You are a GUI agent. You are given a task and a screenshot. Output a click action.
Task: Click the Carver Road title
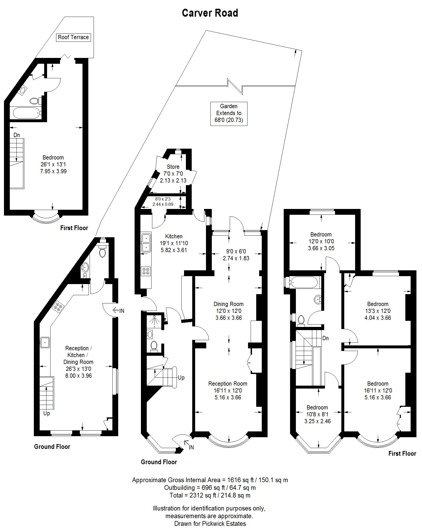coord(210,13)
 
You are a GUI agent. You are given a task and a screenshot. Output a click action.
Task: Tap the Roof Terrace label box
coord(73,37)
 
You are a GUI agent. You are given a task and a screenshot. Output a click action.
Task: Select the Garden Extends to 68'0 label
coord(229,113)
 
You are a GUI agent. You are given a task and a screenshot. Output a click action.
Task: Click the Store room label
coord(173,174)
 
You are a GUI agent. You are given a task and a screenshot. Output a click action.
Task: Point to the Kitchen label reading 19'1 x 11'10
coord(174,243)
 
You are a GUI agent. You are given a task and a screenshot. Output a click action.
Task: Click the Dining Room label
coord(228,311)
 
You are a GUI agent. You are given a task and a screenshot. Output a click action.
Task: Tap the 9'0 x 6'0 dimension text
coord(236,255)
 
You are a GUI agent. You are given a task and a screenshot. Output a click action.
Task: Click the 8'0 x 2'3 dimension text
coord(163,202)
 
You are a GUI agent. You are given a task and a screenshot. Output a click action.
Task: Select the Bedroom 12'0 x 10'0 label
coord(321,241)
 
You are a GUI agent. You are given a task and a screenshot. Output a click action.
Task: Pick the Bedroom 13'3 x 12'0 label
coord(378,311)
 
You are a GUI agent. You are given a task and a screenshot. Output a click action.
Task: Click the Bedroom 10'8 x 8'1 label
coord(317,414)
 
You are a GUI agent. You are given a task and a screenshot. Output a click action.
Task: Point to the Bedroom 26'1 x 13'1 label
coord(53,164)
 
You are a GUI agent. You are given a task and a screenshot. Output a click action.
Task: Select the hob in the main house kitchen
coord(146,271)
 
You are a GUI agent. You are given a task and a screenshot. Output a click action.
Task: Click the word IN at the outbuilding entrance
coord(122,311)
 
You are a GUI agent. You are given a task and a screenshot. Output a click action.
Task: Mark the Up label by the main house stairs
coord(181,377)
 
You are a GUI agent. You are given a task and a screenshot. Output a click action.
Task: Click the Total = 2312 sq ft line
coord(210,495)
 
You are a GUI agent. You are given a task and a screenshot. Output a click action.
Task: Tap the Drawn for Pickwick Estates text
coord(210,524)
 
